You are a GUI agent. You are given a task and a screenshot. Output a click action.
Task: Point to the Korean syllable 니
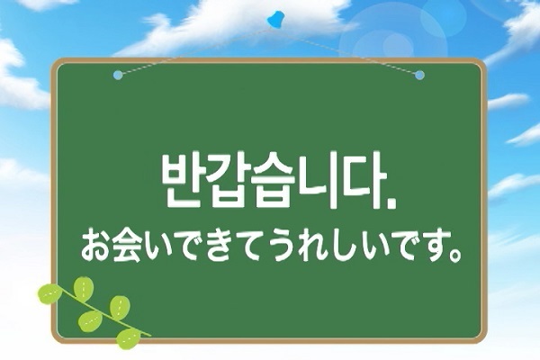[x=318, y=180]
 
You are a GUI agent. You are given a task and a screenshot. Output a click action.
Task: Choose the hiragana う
[x=284, y=246]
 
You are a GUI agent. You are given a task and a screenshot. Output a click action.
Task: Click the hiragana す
[x=436, y=246]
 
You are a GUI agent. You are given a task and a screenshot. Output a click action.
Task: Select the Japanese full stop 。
[x=456, y=256]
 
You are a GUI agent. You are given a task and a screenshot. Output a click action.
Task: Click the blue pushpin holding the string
[x=275, y=19]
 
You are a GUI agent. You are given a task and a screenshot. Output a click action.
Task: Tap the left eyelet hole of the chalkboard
[x=118, y=75]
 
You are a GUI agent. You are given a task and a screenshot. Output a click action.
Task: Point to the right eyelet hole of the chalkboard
[x=419, y=75]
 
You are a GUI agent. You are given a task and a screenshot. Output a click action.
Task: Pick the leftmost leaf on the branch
[x=49, y=294]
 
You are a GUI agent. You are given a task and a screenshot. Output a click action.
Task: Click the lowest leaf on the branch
[x=128, y=338]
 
